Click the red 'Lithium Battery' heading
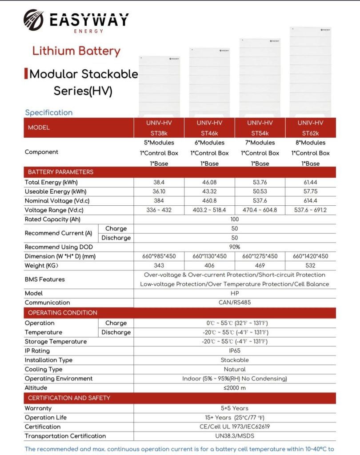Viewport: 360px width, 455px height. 76,51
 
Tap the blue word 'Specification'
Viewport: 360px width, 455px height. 48,112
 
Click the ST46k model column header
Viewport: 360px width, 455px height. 209,128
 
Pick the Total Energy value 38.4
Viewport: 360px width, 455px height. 159,182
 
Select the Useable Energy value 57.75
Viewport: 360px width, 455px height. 310,192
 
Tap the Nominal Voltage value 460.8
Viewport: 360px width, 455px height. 209,201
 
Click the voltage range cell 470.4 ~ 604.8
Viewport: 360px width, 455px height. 260,210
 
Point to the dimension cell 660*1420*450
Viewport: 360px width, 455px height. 310,256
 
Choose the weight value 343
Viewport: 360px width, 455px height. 159,266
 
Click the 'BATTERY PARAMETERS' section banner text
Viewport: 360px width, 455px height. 60,172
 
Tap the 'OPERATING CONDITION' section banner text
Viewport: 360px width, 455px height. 62,312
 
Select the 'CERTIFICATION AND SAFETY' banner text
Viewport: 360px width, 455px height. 69,398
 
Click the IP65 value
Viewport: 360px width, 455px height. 235,351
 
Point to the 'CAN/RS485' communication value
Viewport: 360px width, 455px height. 235,303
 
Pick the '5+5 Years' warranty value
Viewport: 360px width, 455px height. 235,408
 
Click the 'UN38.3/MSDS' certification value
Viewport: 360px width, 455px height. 235,436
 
